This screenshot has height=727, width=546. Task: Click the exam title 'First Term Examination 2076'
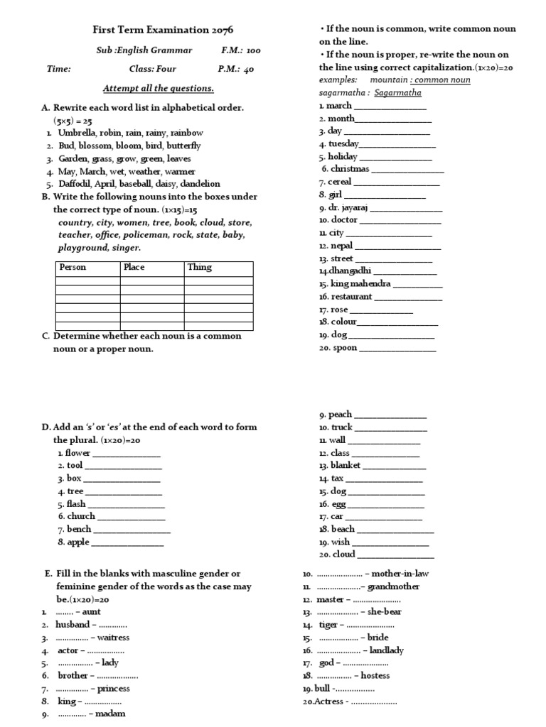(x=163, y=30)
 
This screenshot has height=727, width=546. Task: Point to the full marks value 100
(x=253, y=50)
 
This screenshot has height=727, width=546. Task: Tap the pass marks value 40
(x=247, y=69)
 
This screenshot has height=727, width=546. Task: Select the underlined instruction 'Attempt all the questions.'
(x=158, y=88)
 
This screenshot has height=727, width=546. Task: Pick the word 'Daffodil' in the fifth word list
(x=75, y=183)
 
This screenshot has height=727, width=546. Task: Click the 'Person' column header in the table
(x=73, y=268)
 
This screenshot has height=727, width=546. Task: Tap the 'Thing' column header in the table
(x=199, y=268)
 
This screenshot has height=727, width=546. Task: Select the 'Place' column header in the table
(x=134, y=268)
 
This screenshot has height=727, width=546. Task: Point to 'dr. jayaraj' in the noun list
(x=348, y=208)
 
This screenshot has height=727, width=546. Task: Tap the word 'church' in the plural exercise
(x=81, y=516)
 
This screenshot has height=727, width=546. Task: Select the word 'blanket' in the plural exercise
(x=346, y=465)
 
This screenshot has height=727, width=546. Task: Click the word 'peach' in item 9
(x=341, y=414)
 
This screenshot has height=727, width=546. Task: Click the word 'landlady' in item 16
(x=387, y=650)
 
